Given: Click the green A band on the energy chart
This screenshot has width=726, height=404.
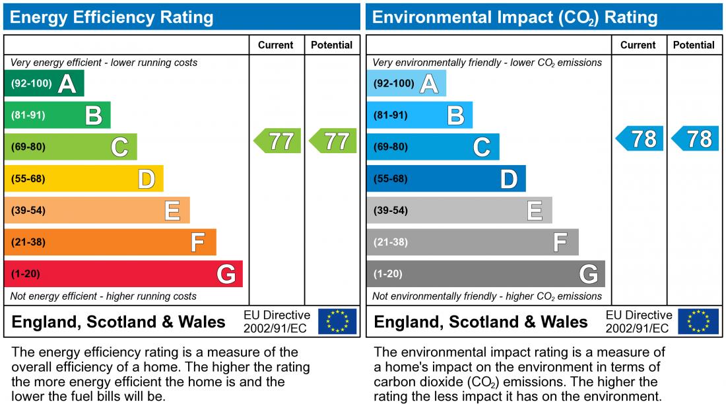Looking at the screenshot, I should coord(44,84).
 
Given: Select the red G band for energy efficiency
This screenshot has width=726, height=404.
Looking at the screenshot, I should coord(123,274).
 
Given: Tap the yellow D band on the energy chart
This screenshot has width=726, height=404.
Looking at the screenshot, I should coord(83,179).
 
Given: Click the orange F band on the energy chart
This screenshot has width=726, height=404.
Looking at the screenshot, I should coord(110,242).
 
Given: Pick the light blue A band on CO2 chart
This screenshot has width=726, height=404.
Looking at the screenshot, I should coord(406,84).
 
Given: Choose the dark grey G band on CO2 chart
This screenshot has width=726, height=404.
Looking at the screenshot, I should coord(485,274).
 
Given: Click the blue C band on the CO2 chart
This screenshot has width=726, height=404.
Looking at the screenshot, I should coord(432,147).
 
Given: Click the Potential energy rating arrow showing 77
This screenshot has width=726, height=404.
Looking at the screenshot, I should coord(333,141).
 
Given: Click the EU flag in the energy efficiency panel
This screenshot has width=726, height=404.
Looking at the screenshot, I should coord(337,321).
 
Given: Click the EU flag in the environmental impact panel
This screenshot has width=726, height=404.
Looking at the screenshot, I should coord(700,321).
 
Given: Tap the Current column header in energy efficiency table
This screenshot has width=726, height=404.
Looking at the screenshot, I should coord(276,45).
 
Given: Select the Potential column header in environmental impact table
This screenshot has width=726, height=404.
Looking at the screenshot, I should coord(694,45).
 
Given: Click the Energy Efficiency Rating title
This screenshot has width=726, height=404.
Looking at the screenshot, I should coord(112,17).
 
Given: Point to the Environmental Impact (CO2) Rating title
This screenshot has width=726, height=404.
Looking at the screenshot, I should coord(515,17).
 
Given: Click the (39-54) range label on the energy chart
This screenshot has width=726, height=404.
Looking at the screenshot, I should coord(28,211).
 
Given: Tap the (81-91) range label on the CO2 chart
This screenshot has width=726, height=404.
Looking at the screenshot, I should coord(391,116).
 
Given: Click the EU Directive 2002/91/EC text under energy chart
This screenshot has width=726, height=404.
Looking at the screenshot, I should coord(277,321).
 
